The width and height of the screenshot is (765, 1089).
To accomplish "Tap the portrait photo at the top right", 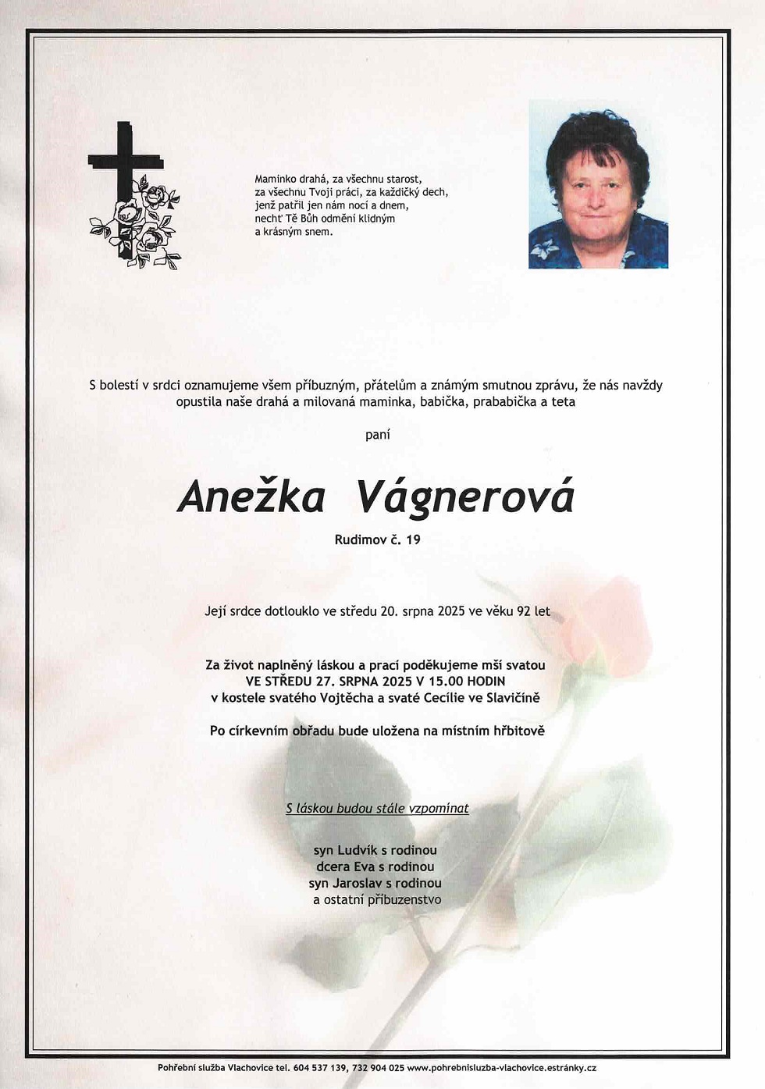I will [x=598, y=184].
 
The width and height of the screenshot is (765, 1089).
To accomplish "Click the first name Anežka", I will [x=251, y=497].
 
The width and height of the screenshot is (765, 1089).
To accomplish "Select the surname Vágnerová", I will [x=464, y=497].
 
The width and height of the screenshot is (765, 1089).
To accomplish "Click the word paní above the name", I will [x=378, y=435].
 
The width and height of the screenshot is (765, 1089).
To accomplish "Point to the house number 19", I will [x=413, y=539].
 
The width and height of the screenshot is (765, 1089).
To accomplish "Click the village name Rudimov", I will [x=360, y=539].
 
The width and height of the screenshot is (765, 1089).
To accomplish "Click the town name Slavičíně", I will [x=512, y=698].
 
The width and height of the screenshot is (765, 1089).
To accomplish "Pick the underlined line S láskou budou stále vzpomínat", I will [x=377, y=809].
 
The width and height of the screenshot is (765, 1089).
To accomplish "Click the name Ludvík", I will [x=358, y=850].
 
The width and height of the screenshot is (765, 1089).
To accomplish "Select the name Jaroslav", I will [x=358, y=884].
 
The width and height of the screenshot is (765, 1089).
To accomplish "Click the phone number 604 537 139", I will [x=318, y=1068].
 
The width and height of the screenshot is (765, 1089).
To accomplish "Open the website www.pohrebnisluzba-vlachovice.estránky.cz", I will [x=501, y=1068].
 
